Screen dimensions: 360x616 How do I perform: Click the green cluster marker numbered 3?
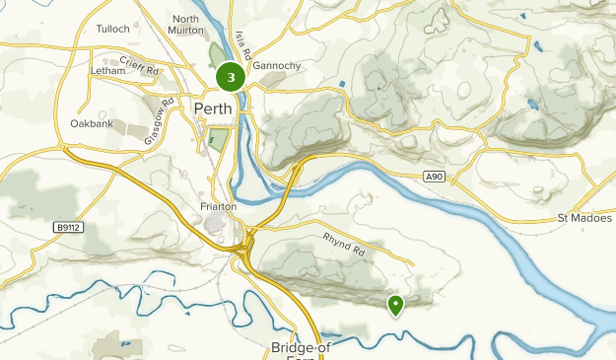tap(231, 77)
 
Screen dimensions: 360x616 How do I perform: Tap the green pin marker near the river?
tap(395, 306)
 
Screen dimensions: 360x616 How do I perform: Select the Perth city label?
tap(213, 108)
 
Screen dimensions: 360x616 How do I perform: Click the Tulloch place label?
tap(113, 29)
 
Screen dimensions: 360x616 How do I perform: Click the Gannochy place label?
tap(277, 66)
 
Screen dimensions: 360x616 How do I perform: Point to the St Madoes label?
tap(584, 217)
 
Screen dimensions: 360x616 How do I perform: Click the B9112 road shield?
tap(67, 227)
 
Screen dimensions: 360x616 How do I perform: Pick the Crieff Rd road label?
tap(139, 65)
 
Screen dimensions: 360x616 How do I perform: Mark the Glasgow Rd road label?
tap(159, 121)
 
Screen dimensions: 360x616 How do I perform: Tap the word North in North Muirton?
tap(185, 19)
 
